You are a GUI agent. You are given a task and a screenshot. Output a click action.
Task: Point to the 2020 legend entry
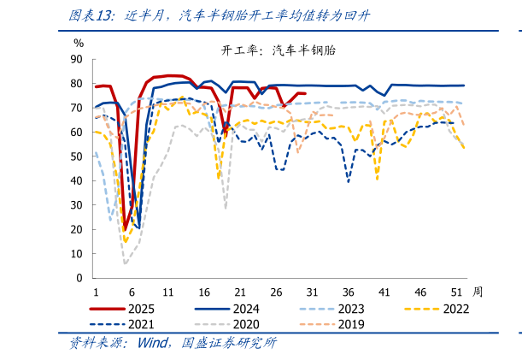[246, 324]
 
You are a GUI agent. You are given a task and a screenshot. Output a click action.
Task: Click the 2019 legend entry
[350, 324]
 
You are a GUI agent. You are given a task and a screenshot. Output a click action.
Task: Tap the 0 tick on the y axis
[79, 278]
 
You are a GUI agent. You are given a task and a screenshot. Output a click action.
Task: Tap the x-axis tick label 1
[96, 291]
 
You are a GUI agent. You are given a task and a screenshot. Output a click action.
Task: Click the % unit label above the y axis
[79, 42]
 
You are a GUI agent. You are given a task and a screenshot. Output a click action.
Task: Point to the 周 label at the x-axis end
[477, 291]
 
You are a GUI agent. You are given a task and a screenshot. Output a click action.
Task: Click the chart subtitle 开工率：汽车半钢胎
[279, 50]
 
